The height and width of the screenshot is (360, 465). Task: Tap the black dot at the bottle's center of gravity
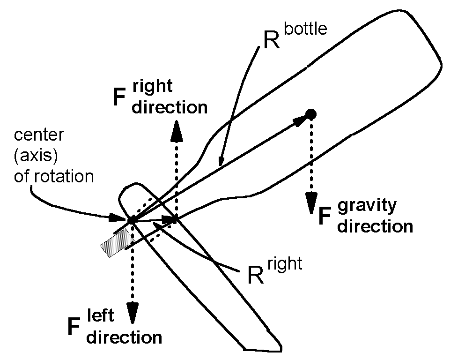pyautogui.click(x=310, y=113)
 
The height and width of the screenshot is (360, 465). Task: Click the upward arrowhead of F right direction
pyautogui.click(x=176, y=132)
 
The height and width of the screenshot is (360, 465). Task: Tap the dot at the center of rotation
pyautogui.click(x=132, y=219)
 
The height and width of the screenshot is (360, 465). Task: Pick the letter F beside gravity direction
pyautogui.click(x=326, y=217)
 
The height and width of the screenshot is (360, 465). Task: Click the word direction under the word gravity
pyautogui.click(x=375, y=226)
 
